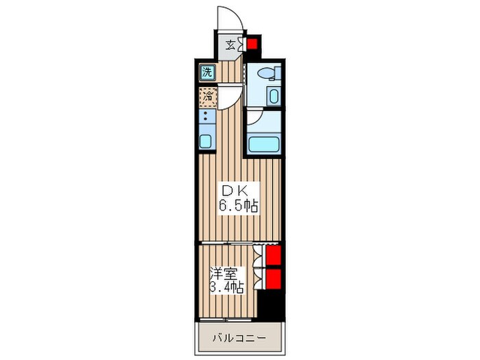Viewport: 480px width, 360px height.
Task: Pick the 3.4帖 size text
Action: pos(226,288)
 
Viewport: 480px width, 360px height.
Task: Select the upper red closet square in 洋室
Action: pos(273,256)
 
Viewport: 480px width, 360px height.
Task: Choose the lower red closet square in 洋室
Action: pos(273,278)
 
